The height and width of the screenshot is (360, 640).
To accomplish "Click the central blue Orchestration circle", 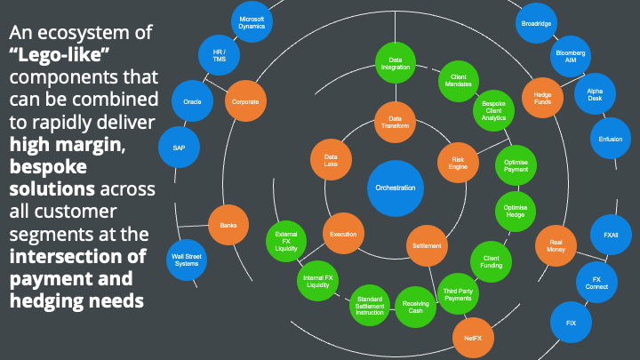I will (x=396, y=188).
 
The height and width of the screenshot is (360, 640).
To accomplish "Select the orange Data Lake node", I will (x=330, y=159).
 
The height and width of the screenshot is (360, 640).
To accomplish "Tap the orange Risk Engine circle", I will (x=459, y=160).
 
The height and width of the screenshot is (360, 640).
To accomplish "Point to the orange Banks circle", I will (x=228, y=225).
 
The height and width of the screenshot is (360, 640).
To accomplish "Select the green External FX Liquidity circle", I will (x=286, y=240).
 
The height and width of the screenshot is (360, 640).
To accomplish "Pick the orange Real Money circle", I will (x=556, y=245).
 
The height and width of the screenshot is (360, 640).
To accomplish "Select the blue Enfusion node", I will (x=611, y=138).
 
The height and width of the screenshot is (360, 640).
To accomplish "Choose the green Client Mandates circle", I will (x=459, y=81).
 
